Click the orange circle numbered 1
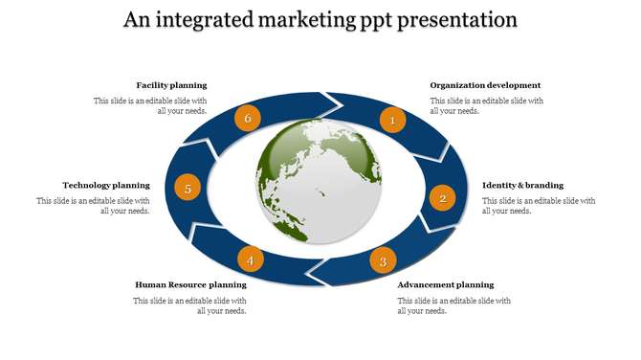[x=392, y=121]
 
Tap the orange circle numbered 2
[x=442, y=198]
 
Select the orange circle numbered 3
[x=383, y=261]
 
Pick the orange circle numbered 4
[x=250, y=260]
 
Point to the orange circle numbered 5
[x=188, y=189]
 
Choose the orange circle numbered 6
[x=248, y=119]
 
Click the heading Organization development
[x=485, y=85]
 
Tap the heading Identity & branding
[x=522, y=185]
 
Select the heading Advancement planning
[x=446, y=284]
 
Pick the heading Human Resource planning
[x=190, y=284]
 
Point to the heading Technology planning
[x=106, y=185]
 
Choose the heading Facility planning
[x=171, y=85]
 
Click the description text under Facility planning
[x=150, y=105]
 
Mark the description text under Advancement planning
[x=454, y=305]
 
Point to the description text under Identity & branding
[x=539, y=206]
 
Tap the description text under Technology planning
[x=94, y=206]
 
